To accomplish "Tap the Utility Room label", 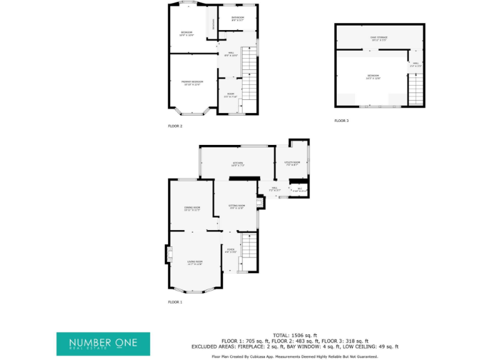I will pos(292,164).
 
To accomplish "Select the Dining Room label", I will pos(192,209).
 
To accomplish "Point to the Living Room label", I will pos(195,262).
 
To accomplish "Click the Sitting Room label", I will pos(236,206).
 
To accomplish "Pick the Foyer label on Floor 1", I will pos(231,250).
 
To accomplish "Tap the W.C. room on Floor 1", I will pos(299,189).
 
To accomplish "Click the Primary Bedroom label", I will pos(192,83).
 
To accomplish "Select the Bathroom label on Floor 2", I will pos(237,18).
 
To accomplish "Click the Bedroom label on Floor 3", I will pos(373,77).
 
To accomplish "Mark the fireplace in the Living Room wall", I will pos(168,255).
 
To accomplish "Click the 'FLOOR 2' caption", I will pos(175,126).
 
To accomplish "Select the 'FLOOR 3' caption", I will pos(341,121).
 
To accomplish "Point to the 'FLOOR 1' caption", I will pos(175,302).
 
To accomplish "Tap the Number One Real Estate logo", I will pos(103,344).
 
